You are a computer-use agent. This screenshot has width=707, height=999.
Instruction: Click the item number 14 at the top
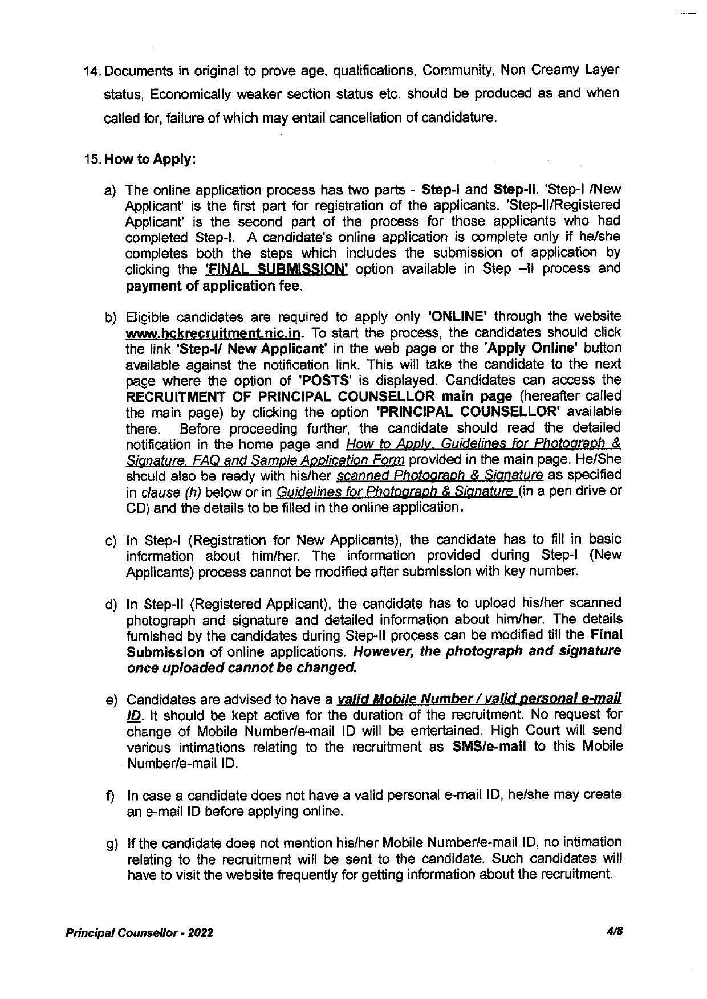(x=92, y=71)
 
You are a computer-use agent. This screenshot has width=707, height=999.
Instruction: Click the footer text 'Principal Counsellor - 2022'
(x=140, y=933)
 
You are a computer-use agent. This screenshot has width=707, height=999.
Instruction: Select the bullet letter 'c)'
(x=111, y=540)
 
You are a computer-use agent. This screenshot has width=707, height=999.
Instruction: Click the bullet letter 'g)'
(x=111, y=843)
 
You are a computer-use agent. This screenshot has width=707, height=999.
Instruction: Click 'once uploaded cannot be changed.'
(x=242, y=667)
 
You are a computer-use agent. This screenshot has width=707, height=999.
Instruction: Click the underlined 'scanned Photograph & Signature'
(x=440, y=475)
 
